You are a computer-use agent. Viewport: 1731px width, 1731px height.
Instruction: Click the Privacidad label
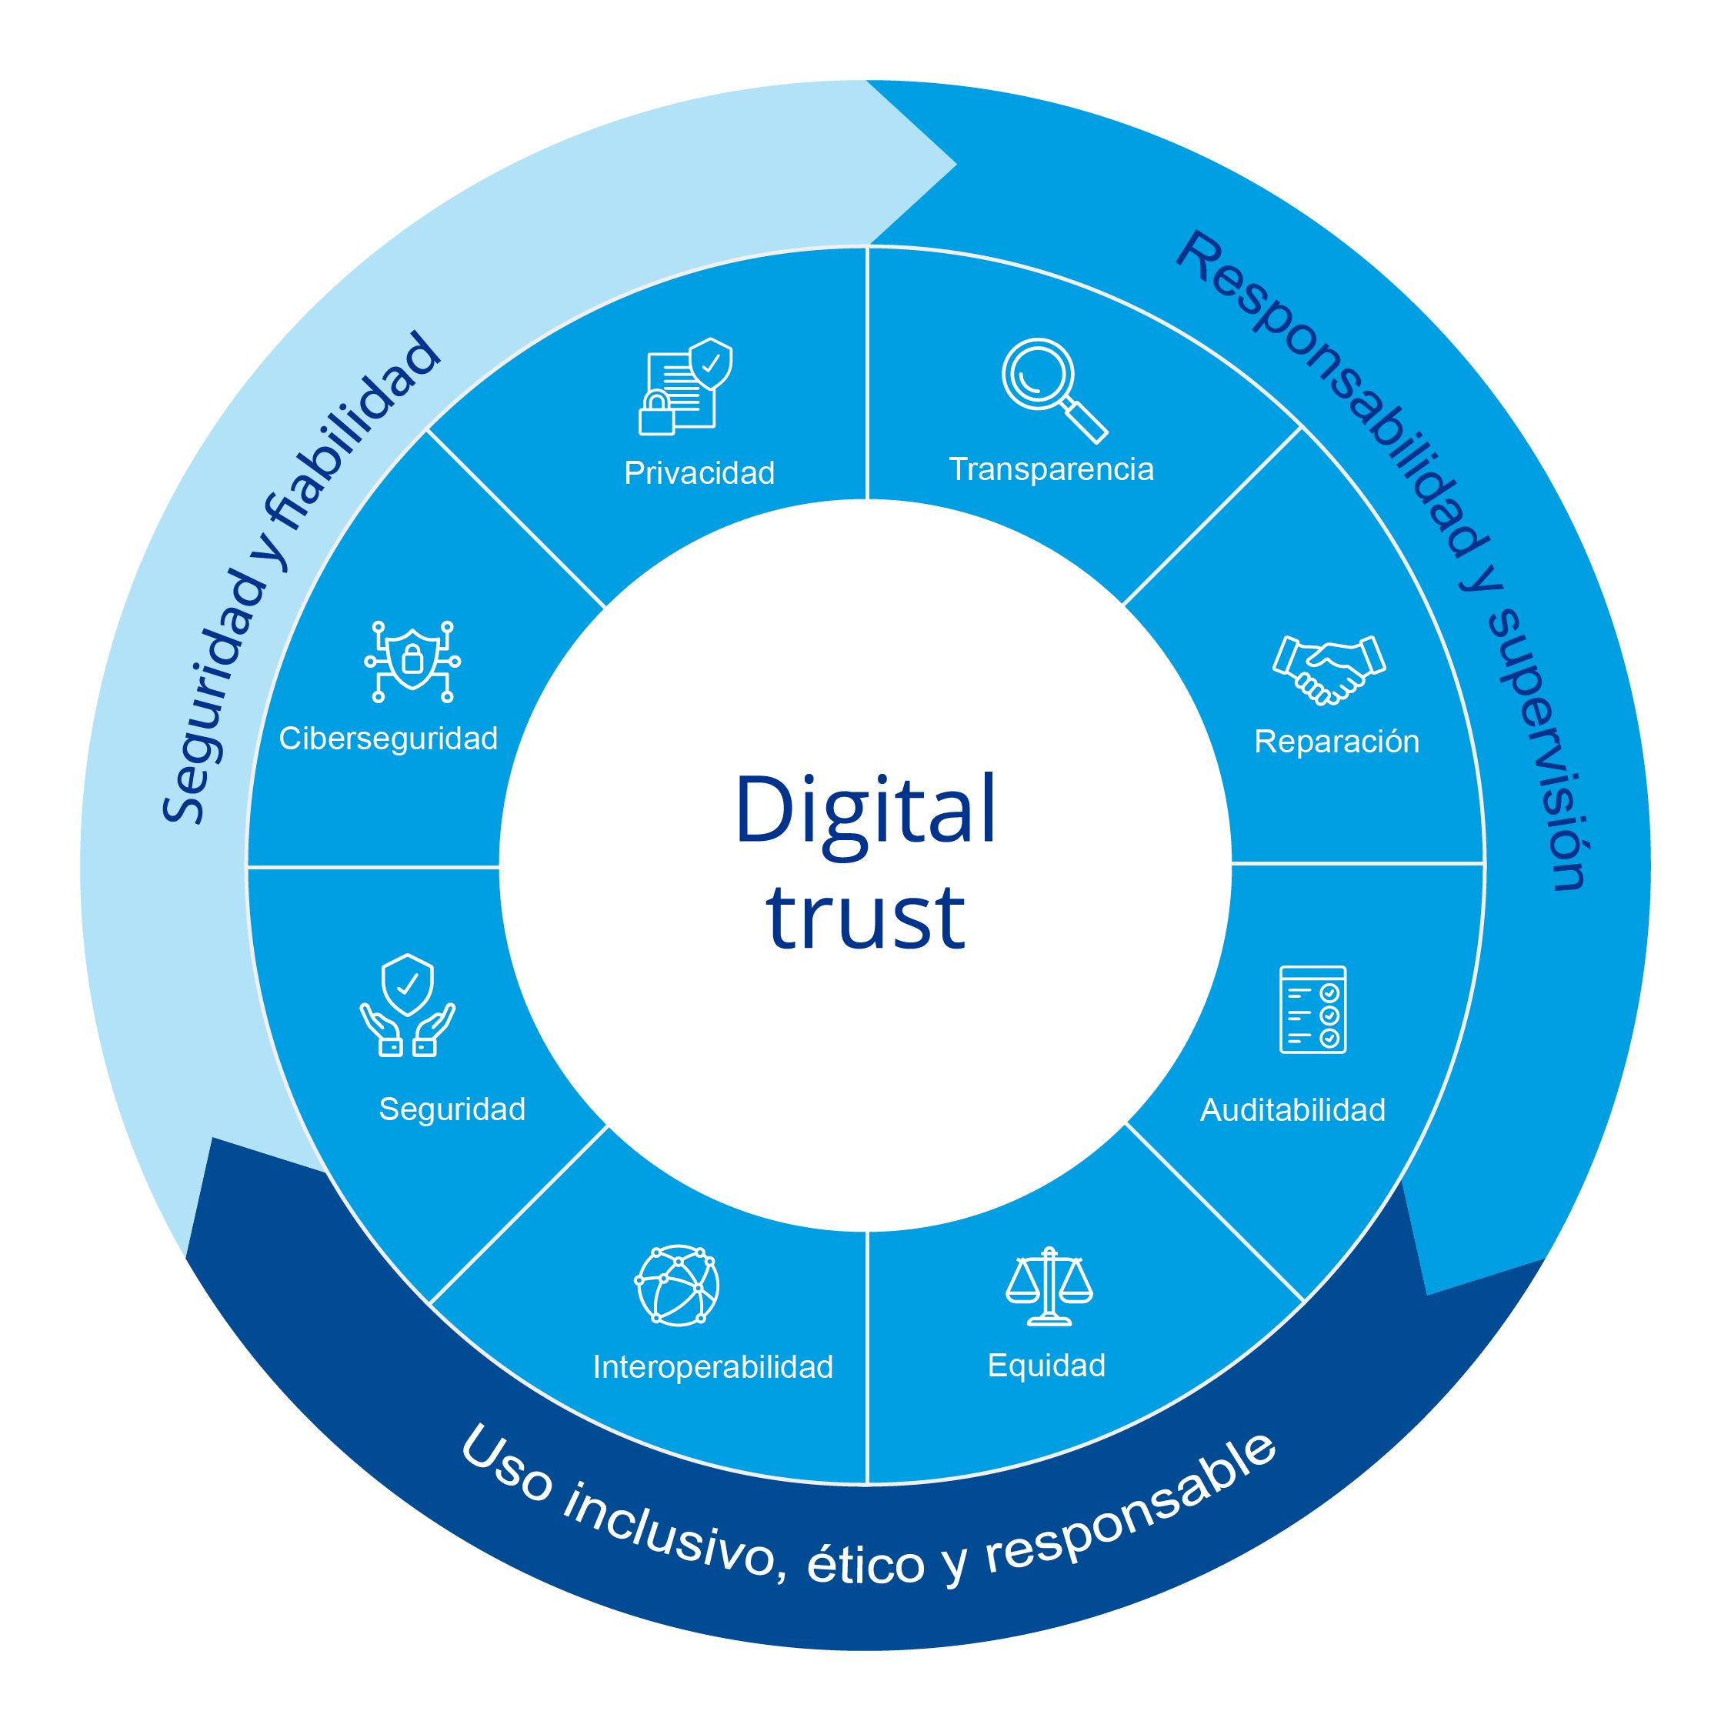coord(699,473)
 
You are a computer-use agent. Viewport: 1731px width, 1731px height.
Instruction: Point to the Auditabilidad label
coord(1292,1110)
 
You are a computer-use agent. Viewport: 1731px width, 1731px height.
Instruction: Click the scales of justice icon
coord(1049,1286)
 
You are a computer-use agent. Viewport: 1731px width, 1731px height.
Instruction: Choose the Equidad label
coord(1046,1366)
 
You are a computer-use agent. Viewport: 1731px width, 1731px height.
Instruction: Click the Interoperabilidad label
coord(713,1367)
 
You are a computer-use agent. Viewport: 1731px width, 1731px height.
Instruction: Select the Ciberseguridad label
coord(388,739)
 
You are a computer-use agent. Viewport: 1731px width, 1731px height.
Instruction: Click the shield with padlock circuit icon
coord(412,661)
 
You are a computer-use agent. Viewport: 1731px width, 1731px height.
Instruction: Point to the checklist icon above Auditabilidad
coord(1312,1009)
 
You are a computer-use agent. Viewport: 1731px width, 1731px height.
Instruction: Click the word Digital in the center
coord(865,810)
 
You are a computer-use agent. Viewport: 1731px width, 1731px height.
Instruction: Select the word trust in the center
coord(865,918)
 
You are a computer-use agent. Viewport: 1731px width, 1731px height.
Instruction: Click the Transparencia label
coord(1051,469)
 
